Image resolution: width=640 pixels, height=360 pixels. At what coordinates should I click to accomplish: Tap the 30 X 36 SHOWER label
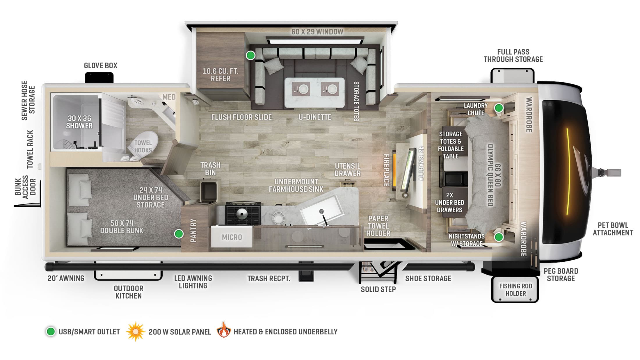coord(79,122)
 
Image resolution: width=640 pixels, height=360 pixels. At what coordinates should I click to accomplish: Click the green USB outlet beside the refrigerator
coord(250,55)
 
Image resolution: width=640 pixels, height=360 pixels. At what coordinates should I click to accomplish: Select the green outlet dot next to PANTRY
coord(179,234)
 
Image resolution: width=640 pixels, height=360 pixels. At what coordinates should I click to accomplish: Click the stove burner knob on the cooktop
coord(242,214)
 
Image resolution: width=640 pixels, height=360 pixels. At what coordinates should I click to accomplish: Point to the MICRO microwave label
coord(232,237)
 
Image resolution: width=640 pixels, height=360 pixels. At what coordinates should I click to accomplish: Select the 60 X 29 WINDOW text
coord(317,32)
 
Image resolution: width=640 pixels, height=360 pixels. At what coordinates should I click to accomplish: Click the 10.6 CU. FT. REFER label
coord(221,75)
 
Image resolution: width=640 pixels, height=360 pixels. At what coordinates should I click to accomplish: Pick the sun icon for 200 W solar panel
coord(135,332)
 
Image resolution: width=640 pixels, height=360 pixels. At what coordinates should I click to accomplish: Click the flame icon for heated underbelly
coord(224,330)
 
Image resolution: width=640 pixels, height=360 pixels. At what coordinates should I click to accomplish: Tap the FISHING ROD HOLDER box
coord(515,290)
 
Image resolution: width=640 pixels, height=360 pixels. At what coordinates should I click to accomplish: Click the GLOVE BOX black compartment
coord(99,78)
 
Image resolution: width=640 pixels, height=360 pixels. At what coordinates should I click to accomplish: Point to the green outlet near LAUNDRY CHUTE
coord(499,108)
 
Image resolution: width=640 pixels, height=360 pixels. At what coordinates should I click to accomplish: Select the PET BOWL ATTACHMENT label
coord(613,229)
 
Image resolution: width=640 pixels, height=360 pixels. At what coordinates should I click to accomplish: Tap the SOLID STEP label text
coord(378,289)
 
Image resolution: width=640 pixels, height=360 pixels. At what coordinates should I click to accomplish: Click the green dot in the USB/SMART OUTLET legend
coord(51,332)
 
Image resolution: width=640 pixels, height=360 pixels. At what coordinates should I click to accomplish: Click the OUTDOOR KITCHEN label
coord(128,292)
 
